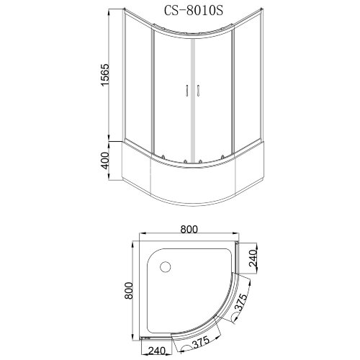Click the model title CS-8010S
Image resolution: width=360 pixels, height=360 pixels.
[194, 10]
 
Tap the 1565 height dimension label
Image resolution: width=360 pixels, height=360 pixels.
[105, 75]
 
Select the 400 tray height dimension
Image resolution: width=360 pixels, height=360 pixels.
[105, 161]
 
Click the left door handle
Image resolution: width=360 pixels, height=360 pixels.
[186, 91]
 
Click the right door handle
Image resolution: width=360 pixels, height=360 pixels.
[198, 91]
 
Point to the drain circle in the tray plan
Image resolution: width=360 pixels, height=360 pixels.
[166, 267]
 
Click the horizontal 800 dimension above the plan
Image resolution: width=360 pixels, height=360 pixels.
[189, 230]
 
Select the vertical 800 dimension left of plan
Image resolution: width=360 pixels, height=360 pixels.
[129, 291]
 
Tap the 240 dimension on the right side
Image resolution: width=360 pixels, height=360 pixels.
[253, 258]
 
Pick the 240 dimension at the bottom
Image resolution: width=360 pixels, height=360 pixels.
[156, 351]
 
